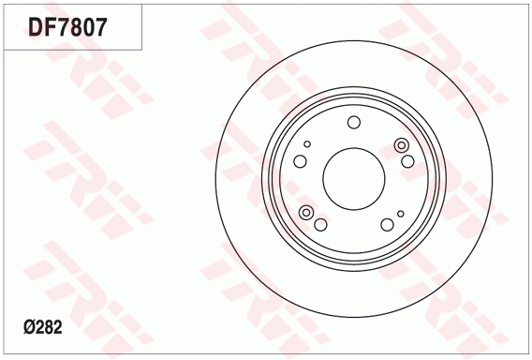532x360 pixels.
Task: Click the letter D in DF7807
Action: [37, 26]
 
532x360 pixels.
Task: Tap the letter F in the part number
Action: [52, 26]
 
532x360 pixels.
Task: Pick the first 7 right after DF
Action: [67, 26]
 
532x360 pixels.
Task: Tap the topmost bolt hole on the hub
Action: [353, 123]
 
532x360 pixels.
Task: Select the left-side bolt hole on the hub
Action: [300, 161]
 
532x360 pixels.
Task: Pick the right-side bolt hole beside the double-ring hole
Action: [407, 161]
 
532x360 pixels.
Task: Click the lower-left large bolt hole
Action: [320, 225]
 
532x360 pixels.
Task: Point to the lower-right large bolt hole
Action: [387, 225]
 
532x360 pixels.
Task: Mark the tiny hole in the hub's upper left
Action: [306, 144]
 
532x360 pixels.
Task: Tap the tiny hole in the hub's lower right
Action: [400, 214]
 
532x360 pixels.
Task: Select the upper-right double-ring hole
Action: [402, 144]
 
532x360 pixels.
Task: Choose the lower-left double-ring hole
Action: [306, 214]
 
